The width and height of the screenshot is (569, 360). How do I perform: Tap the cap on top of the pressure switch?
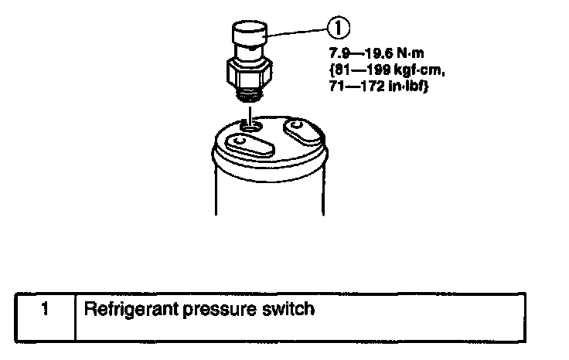249,36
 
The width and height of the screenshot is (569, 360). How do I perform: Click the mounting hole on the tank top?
249,124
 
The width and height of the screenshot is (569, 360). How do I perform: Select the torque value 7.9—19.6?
355,56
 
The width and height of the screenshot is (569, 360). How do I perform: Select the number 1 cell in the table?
46,311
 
